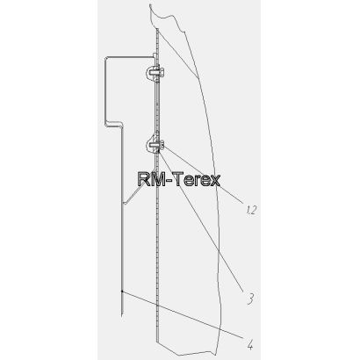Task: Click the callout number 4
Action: tap(249, 344)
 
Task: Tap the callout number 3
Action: tap(249, 299)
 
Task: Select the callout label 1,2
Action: tap(251, 210)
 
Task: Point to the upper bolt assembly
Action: tap(155, 72)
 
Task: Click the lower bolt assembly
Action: tap(155, 144)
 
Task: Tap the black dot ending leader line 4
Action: tap(122, 292)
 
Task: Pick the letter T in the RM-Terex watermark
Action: tap(182, 179)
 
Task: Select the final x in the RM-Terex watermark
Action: tap(215, 181)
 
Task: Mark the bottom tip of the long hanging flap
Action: tap(121, 316)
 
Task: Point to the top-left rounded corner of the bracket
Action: tap(106, 59)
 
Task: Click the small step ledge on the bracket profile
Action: tap(114, 124)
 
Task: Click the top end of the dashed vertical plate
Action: tap(157, 29)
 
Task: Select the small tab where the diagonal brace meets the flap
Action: tap(125, 202)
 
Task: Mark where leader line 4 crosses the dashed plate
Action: tap(157, 306)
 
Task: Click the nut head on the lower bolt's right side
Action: tap(162, 144)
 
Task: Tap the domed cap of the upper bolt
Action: tap(148, 72)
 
